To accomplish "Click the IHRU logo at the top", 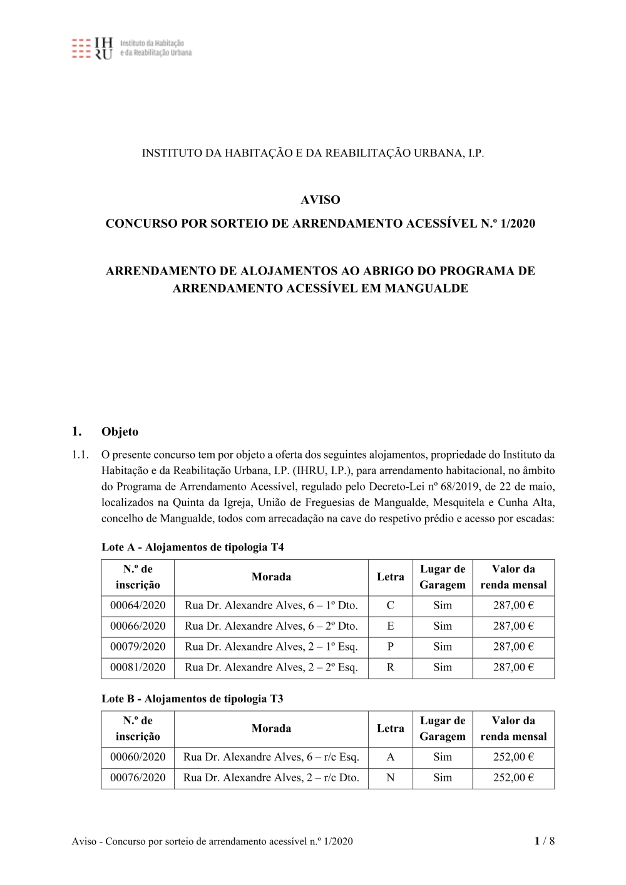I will [131, 48].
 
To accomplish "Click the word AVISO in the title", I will [320, 200].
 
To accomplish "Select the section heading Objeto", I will [120, 432].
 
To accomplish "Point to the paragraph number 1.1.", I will [80, 455].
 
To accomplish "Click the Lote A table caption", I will [192, 547].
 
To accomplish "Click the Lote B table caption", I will [192, 699].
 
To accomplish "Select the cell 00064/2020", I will [138, 605].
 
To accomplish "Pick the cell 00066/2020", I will [138, 626].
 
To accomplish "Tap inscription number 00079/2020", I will [138, 647].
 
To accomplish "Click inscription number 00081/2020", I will [138, 667].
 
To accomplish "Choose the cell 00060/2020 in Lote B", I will [138, 757].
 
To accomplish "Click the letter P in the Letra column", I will [391, 647].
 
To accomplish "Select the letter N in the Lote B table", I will [391, 777].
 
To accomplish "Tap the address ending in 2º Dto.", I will [271, 626].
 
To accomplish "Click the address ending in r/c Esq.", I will [271, 757].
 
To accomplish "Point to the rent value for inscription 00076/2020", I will [513, 777].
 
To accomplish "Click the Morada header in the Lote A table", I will [271, 577].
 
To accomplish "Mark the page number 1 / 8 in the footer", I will [545, 841].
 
